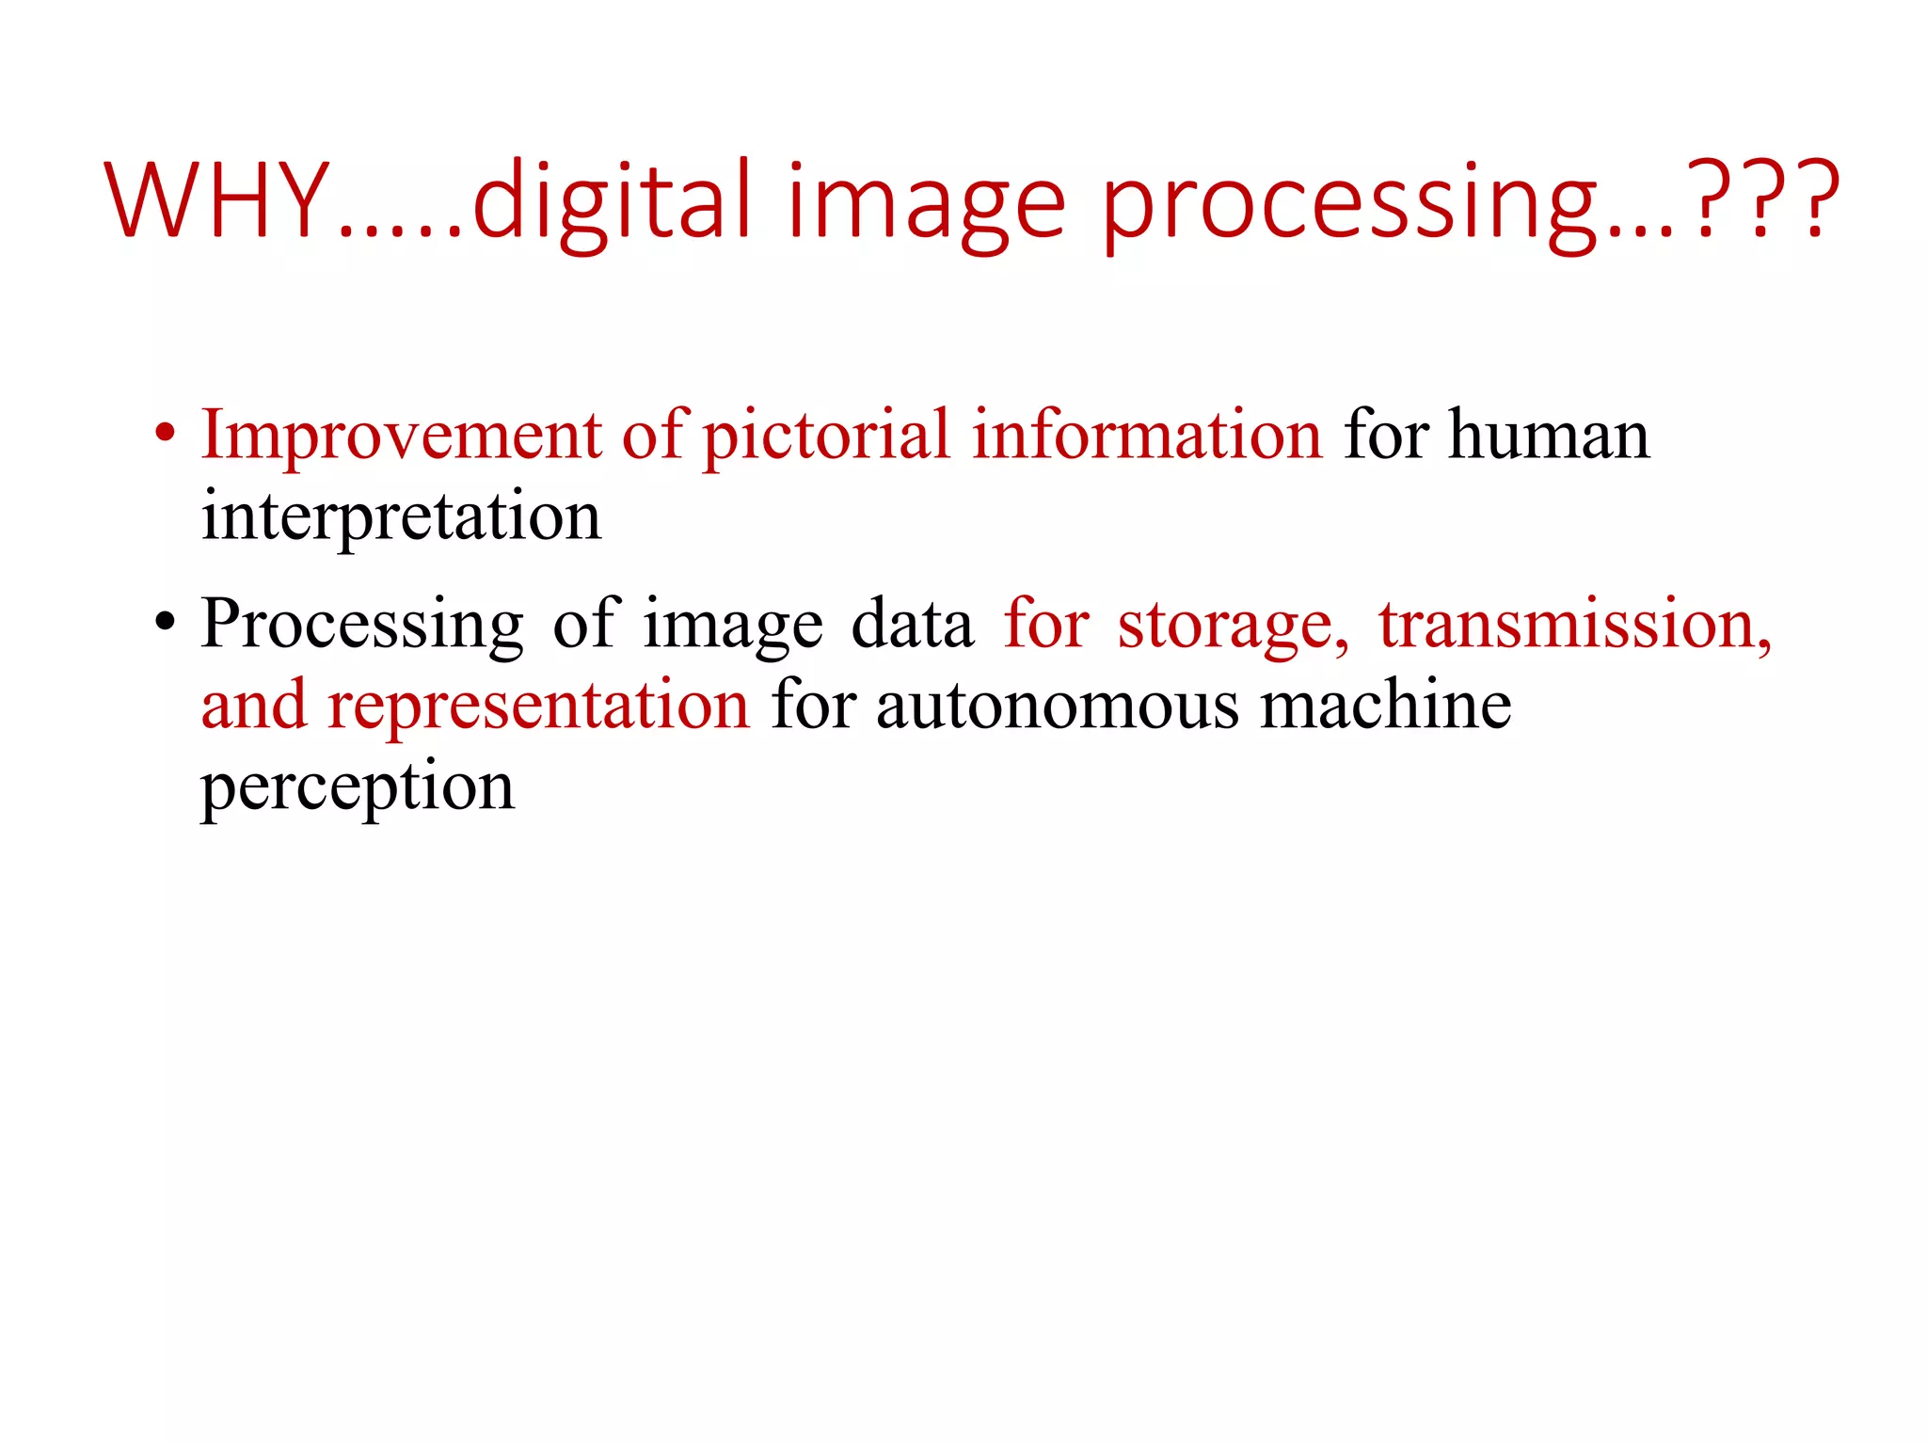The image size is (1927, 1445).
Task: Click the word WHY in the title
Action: [215, 200]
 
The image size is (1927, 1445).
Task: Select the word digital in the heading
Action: [613, 200]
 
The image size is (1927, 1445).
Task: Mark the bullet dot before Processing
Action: [166, 623]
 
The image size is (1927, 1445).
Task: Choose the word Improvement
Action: [401, 435]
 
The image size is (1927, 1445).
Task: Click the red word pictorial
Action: [826, 437]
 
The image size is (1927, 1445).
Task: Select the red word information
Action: [1147, 435]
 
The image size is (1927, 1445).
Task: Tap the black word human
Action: [1549, 437]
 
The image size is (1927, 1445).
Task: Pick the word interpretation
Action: [401, 517]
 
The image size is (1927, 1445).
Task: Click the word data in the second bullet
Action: [912, 624]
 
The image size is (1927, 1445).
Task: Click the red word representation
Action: [538, 706]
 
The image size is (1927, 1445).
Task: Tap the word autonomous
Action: [1058, 706]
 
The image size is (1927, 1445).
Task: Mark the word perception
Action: [358, 787]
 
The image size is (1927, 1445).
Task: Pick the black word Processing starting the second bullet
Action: [362, 624]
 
